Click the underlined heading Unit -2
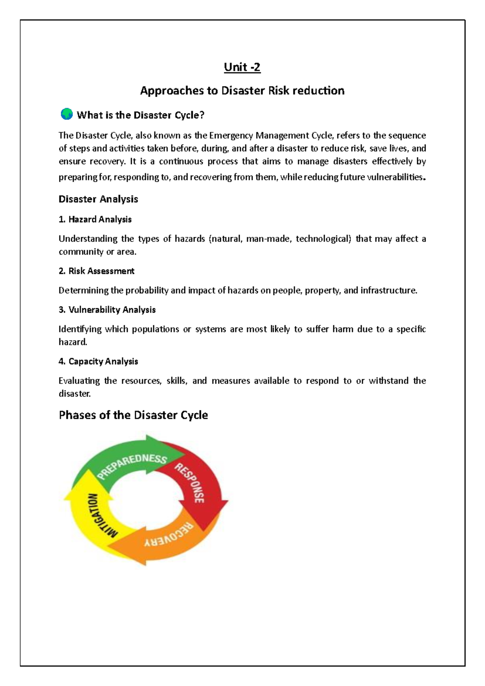[242, 67]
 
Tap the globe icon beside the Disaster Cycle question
[66, 114]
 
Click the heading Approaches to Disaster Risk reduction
[242, 90]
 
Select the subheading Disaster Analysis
[98, 199]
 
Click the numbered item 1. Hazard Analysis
[95, 219]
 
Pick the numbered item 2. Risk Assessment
[96, 271]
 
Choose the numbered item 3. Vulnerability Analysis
[107, 310]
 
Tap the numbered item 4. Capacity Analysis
[98, 361]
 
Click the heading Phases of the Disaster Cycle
[133, 415]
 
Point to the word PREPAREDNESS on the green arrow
[132, 466]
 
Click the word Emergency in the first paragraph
[231, 136]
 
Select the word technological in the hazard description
[323, 239]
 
